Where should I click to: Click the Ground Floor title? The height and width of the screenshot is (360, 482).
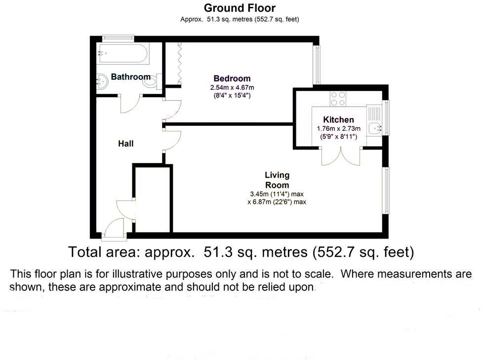point(240,8)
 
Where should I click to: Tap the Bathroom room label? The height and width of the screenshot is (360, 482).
point(130,77)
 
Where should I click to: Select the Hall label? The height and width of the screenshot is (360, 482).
point(125,144)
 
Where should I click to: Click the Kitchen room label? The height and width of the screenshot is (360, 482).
point(338,120)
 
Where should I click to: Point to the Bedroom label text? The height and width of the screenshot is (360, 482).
point(232,78)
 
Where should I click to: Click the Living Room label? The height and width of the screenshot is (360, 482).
point(277,180)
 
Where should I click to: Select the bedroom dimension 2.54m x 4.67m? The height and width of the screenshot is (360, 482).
point(232,87)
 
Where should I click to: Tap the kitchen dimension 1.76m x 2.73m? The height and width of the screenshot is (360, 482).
point(338,128)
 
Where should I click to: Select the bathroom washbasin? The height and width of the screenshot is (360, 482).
point(103,80)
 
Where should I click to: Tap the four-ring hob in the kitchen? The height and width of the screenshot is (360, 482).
point(338,99)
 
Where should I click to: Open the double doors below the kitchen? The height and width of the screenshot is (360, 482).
point(340,157)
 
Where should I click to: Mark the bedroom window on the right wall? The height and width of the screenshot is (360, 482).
point(317,65)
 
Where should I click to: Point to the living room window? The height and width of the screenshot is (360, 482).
point(386,191)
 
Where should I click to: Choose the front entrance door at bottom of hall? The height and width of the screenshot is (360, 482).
point(113,230)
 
